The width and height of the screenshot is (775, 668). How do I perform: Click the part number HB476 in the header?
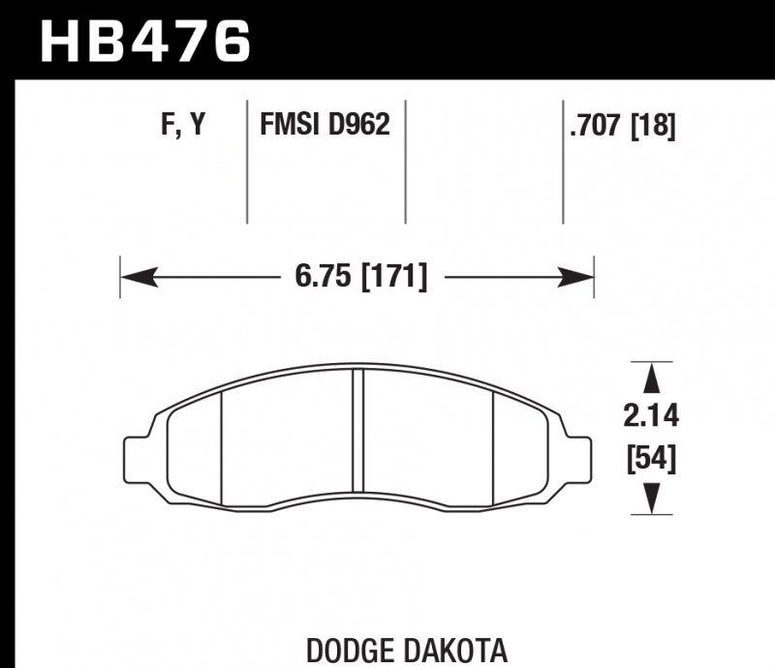coord(144,41)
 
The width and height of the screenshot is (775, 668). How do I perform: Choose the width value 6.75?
coord(325,277)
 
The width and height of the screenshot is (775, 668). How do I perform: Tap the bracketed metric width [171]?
coord(392,277)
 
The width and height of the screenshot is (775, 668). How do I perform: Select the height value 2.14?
coord(651,416)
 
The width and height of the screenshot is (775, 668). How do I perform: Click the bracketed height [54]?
coord(651,456)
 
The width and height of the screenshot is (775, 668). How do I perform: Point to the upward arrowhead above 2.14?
coord(651,377)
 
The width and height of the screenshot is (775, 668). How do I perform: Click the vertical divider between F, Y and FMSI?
coord(247,160)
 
